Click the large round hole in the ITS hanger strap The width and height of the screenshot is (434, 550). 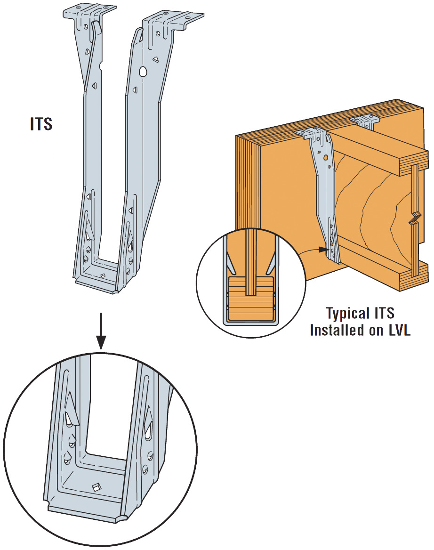[143, 72]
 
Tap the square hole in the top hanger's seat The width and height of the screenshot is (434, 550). [103, 275]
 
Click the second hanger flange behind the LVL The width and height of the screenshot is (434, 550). [366, 122]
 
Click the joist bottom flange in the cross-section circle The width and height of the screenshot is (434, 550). [250, 299]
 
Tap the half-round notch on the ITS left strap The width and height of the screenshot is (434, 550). [102, 63]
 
